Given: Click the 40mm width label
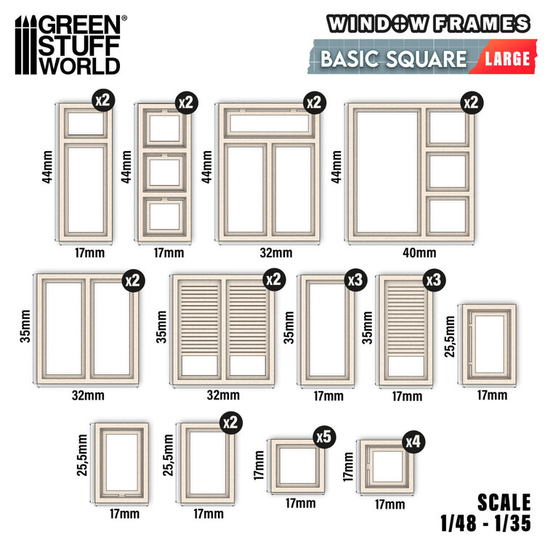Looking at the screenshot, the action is [419, 253].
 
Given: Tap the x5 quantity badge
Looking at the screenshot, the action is [324, 437].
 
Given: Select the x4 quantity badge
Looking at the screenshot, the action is [413, 442].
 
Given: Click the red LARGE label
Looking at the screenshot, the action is [506, 58].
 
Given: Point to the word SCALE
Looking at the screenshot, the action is [504, 502].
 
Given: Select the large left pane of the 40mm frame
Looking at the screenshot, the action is [387, 172].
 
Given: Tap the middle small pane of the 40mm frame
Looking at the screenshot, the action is [448, 171].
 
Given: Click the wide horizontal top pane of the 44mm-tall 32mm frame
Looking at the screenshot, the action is [269, 124].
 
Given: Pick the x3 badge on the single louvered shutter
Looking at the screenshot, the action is [434, 280].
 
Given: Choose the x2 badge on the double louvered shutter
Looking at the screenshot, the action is [274, 280].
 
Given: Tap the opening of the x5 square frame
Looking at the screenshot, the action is [298, 465].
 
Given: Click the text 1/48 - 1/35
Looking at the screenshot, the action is [485, 523].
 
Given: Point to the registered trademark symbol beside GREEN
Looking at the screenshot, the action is [124, 17].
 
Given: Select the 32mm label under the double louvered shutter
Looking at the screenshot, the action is [223, 395].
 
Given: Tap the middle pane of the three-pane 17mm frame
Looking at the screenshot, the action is [164, 172].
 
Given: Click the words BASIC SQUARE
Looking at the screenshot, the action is [393, 58].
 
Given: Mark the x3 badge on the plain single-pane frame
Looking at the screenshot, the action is [355, 280].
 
